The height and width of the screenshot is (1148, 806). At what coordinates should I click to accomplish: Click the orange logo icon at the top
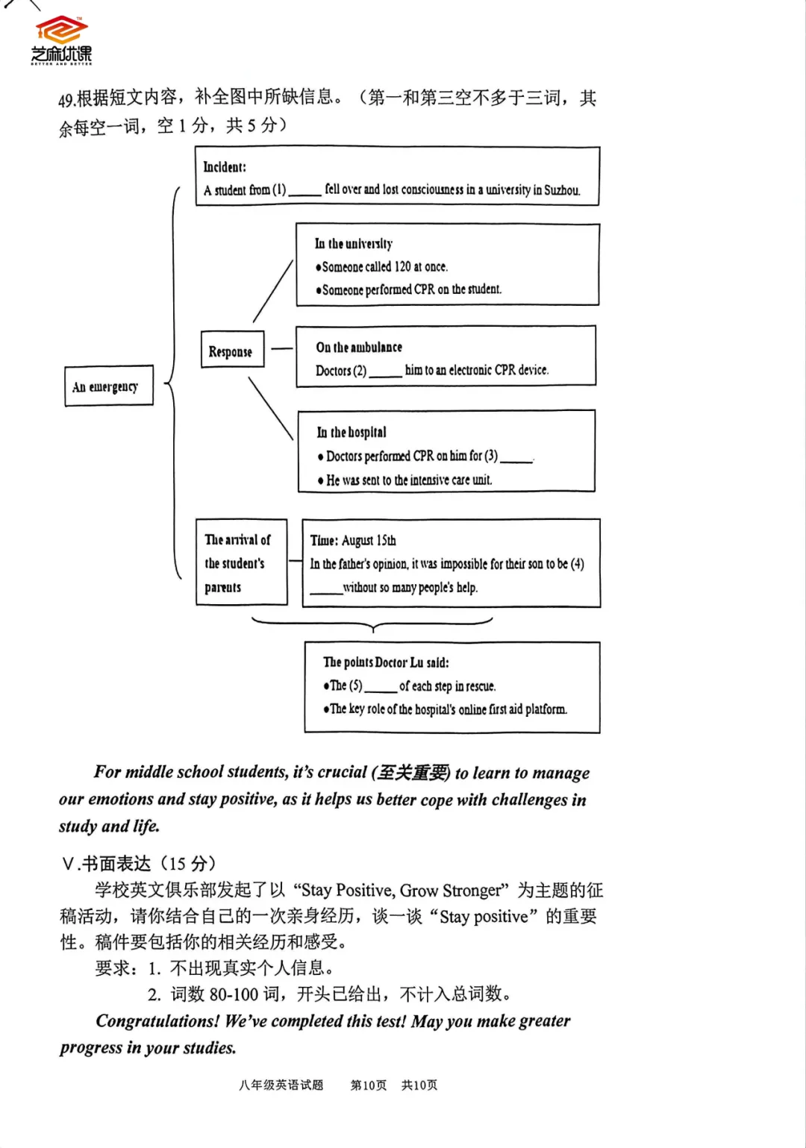(x=61, y=30)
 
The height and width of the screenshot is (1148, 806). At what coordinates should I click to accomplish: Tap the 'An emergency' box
(x=108, y=386)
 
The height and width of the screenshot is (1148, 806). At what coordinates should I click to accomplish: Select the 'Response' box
(x=232, y=350)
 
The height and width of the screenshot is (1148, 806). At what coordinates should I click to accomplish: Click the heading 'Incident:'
(x=225, y=167)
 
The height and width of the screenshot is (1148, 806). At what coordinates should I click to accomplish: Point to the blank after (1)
(x=304, y=192)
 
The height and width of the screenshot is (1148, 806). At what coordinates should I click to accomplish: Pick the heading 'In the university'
(x=354, y=244)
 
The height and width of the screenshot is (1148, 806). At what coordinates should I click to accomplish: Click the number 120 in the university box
(x=402, y=266)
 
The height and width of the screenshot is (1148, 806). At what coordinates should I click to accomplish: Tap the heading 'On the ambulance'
(x=359, y=347)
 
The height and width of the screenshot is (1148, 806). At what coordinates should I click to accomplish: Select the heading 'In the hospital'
(x=352, y=432)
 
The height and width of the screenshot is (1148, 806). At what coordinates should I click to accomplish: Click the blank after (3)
(x=516, y=458)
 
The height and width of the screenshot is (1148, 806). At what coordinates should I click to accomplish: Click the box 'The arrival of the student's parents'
(x=241, y=562)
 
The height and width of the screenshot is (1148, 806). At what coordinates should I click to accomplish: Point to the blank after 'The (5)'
(x=380, y=688)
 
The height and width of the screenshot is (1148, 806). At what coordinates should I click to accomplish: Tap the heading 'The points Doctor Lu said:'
(x=386, y=662)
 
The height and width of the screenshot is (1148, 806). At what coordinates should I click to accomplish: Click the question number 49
(x=66, y=99)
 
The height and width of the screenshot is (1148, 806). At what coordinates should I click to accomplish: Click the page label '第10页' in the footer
(x=369, y=1085)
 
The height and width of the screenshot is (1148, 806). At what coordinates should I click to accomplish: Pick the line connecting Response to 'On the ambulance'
(x=281, y=348)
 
